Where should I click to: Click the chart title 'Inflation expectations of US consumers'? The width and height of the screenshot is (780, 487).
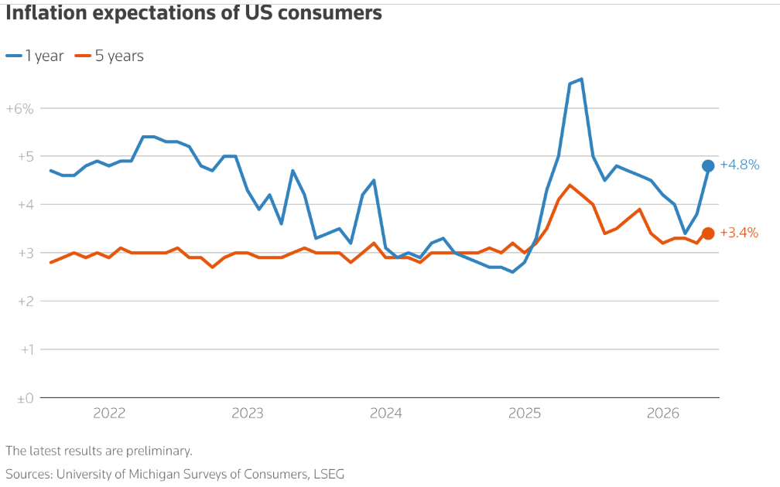click(193, 13)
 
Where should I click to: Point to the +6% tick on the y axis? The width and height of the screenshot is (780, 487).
click(20, 109)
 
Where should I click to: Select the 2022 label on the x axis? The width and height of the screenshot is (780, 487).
click(109, 414)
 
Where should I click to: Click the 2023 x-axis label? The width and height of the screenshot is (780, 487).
click(248, 414)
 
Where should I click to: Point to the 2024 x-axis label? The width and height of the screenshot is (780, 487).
click(386, 414)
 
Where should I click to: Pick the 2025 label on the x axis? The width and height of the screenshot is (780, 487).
click(525, 414)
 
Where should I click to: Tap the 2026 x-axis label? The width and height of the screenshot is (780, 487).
click(663, 414)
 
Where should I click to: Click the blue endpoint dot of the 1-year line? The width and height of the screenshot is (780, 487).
click(708, 165)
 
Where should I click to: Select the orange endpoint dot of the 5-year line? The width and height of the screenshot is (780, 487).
click(708, 233)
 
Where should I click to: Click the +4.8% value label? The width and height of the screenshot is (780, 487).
click(740, 165)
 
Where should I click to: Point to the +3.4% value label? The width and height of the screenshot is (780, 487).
click(740, 233)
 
